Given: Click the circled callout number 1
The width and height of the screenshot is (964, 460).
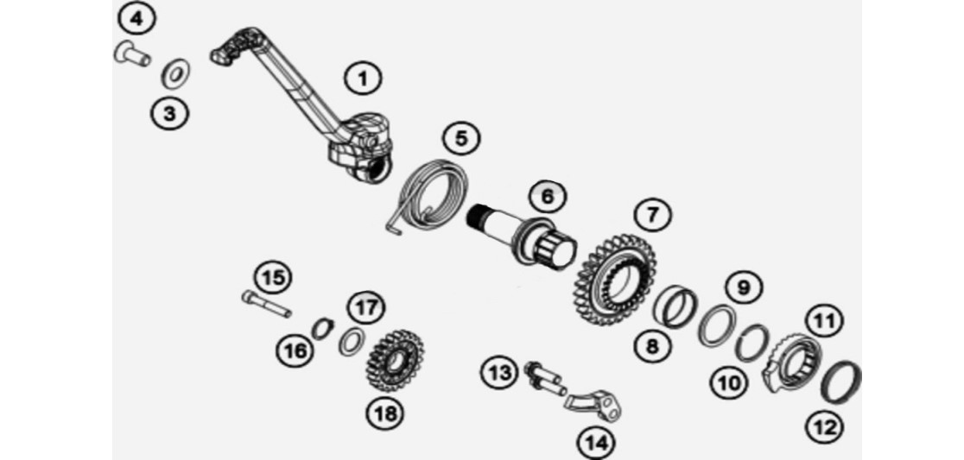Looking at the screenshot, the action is click(x=363, y=79).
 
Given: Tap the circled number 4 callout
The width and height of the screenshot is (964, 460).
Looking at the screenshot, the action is click(x=136, y=19).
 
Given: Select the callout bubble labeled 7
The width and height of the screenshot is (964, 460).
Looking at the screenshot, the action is click(x=651, y=214).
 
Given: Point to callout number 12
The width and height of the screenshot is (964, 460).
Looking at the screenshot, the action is click(x=824, y=427).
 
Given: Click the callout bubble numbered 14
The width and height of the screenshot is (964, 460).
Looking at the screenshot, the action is click(x=596, y=442).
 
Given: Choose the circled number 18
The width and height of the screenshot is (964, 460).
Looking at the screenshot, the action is click(x=386, y=414).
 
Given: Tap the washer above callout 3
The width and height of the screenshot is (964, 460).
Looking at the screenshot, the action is click(x=175, y=73).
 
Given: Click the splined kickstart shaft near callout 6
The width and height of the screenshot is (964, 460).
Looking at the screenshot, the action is click(x=523, y=236).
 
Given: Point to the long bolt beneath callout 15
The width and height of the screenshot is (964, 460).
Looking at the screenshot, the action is click(x=266, y=304).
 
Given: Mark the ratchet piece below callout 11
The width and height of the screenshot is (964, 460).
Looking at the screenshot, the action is click(x=793, y=362).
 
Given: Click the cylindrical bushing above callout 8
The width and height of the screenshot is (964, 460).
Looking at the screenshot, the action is click(x=675, y=307).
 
